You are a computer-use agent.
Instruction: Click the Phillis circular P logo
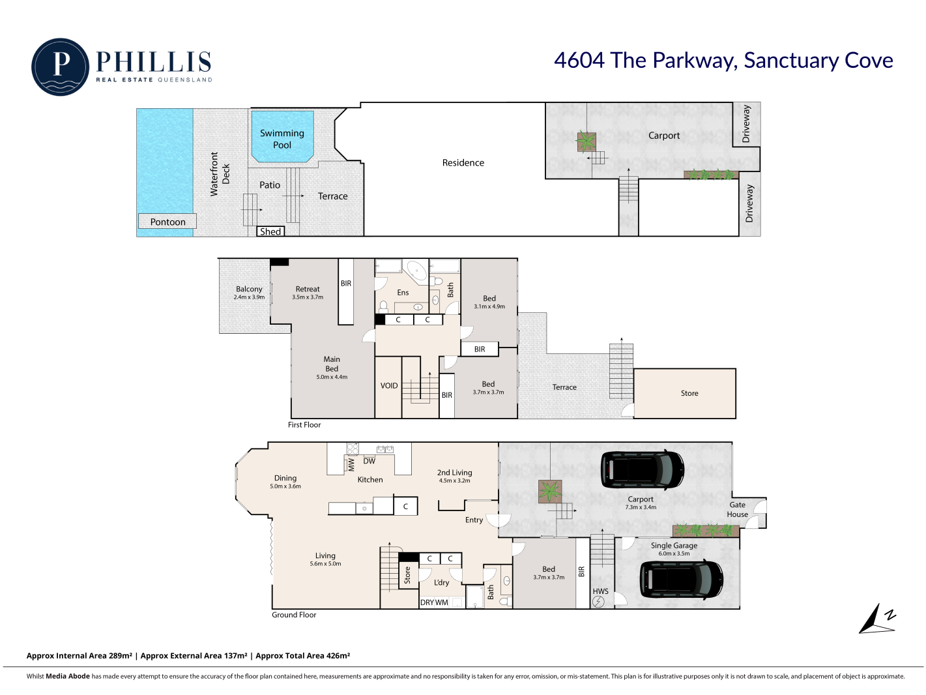(60, 67)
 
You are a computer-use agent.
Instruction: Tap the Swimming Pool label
(282, 139)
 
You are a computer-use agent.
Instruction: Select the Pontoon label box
(167, 222)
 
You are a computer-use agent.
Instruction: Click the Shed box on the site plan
(270, 231)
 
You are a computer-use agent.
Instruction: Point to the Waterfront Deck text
(220, 174)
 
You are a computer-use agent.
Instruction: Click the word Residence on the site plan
(463, 162)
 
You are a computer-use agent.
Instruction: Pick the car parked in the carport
(642, 469)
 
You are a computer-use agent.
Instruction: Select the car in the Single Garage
(682, 580)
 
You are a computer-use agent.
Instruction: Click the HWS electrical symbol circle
(598, 602)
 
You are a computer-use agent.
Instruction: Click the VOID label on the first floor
(388, 386)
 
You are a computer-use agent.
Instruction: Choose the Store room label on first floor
(689, 393)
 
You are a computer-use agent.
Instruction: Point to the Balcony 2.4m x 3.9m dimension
(249, 297)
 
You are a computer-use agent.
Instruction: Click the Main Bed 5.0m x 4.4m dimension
(332, 377)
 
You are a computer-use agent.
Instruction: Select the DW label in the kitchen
(369, 461)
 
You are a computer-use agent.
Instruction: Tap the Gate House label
(737, 509)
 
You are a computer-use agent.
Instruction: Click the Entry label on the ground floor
(474, 520)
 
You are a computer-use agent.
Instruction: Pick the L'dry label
(441, 582)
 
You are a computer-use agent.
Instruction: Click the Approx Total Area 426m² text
(302, 655)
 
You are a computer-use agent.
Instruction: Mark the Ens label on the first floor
(403, 293)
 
